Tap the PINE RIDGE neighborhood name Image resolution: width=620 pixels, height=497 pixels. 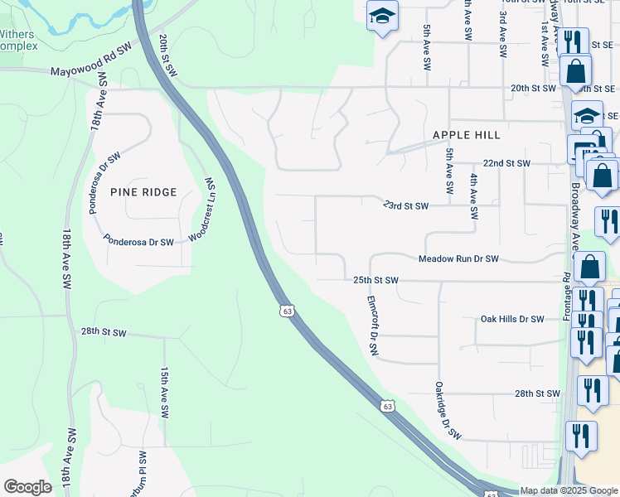(143, 192)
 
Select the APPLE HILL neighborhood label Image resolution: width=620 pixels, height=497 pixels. (466, 135)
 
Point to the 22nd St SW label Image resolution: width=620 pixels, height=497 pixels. (506, 164)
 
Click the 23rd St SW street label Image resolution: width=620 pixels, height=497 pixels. (405, 205)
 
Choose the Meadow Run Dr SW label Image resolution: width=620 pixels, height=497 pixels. (458, 259)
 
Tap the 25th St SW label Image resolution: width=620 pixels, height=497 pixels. (376, 281)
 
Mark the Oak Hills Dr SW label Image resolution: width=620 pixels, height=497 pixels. (512, 319)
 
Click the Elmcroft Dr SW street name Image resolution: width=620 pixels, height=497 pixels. (372, 326)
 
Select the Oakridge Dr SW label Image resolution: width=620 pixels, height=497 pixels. (448, 411)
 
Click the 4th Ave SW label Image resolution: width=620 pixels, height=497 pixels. (473, 197)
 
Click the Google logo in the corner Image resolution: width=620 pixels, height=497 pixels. (27, 487)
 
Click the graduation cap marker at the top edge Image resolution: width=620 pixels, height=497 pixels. (382, 17)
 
